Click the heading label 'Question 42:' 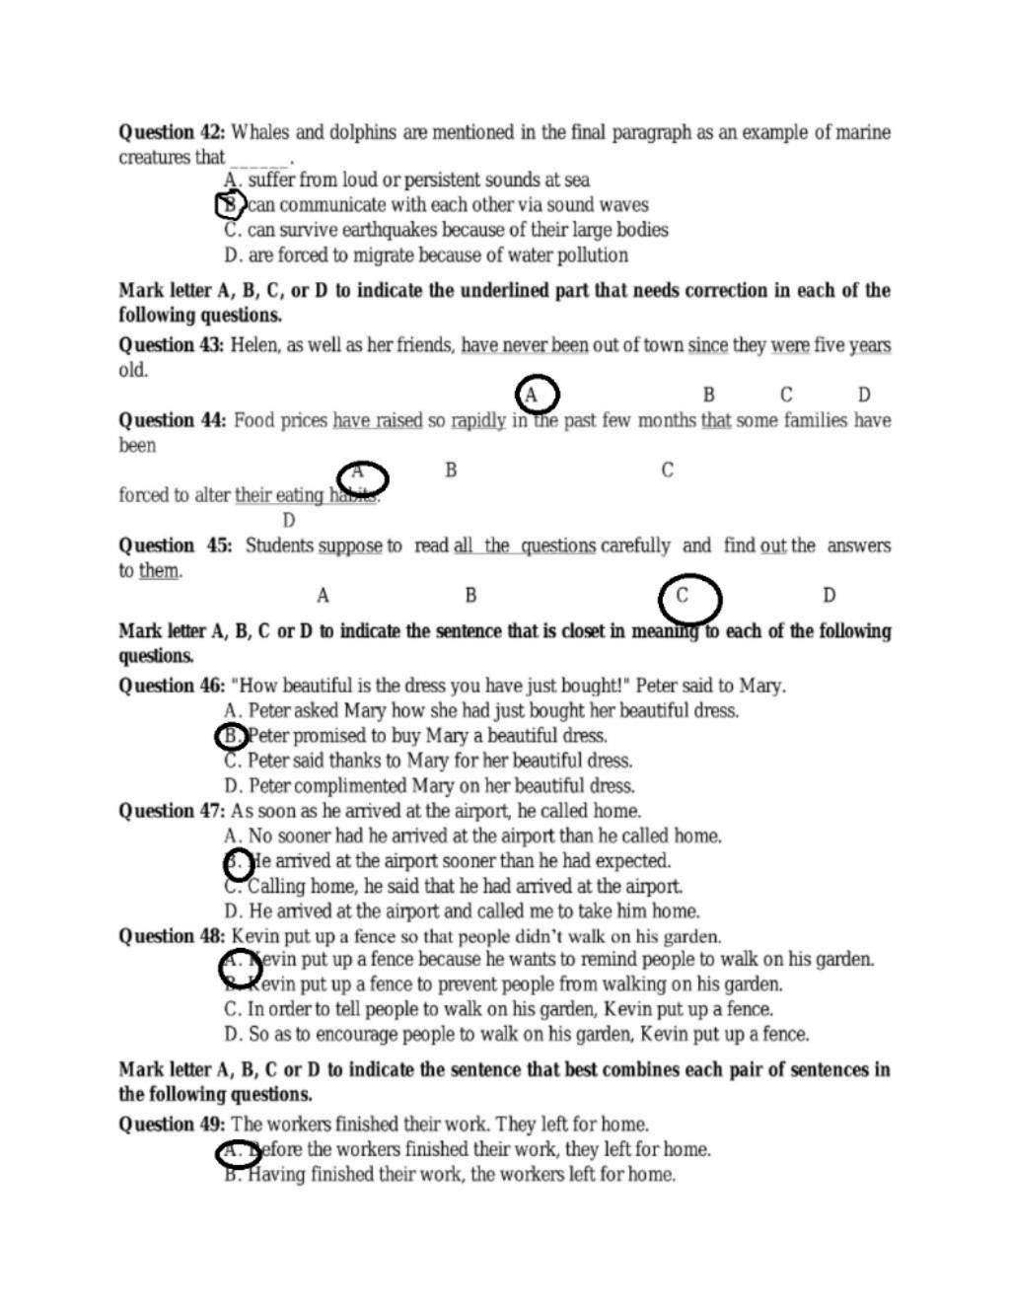coord(172,132)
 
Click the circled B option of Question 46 coord(231,736)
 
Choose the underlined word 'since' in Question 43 coord(707,345)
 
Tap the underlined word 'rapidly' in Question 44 coord(478,420)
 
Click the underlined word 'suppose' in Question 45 coord(350,545)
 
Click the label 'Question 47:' coord(172,811)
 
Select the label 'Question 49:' coord(172,1125)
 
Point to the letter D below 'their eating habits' coord(288,521)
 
